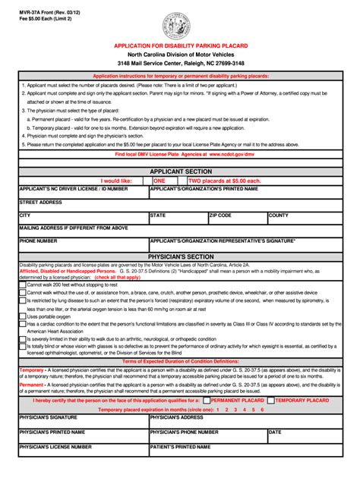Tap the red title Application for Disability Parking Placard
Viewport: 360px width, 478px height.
pos(181,46)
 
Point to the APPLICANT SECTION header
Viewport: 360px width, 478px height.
pos(180,172)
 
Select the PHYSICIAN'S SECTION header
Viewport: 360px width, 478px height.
pos(180,256)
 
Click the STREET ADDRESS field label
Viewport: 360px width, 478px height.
pos(41,203)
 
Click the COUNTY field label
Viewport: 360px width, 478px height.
pos(279,215)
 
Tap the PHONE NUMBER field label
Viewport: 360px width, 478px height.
pos(39,241)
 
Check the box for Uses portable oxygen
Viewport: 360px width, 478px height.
pos(23,316)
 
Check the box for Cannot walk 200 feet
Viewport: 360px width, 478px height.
pos(23,285)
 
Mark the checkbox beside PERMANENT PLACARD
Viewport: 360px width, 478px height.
pos(207,400)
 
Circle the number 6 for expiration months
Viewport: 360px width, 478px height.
pos(262,409)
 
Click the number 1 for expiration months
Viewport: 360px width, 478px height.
pos(218,409)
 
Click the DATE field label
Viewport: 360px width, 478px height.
pos(276,432)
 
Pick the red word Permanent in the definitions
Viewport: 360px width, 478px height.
pos(33,385)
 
